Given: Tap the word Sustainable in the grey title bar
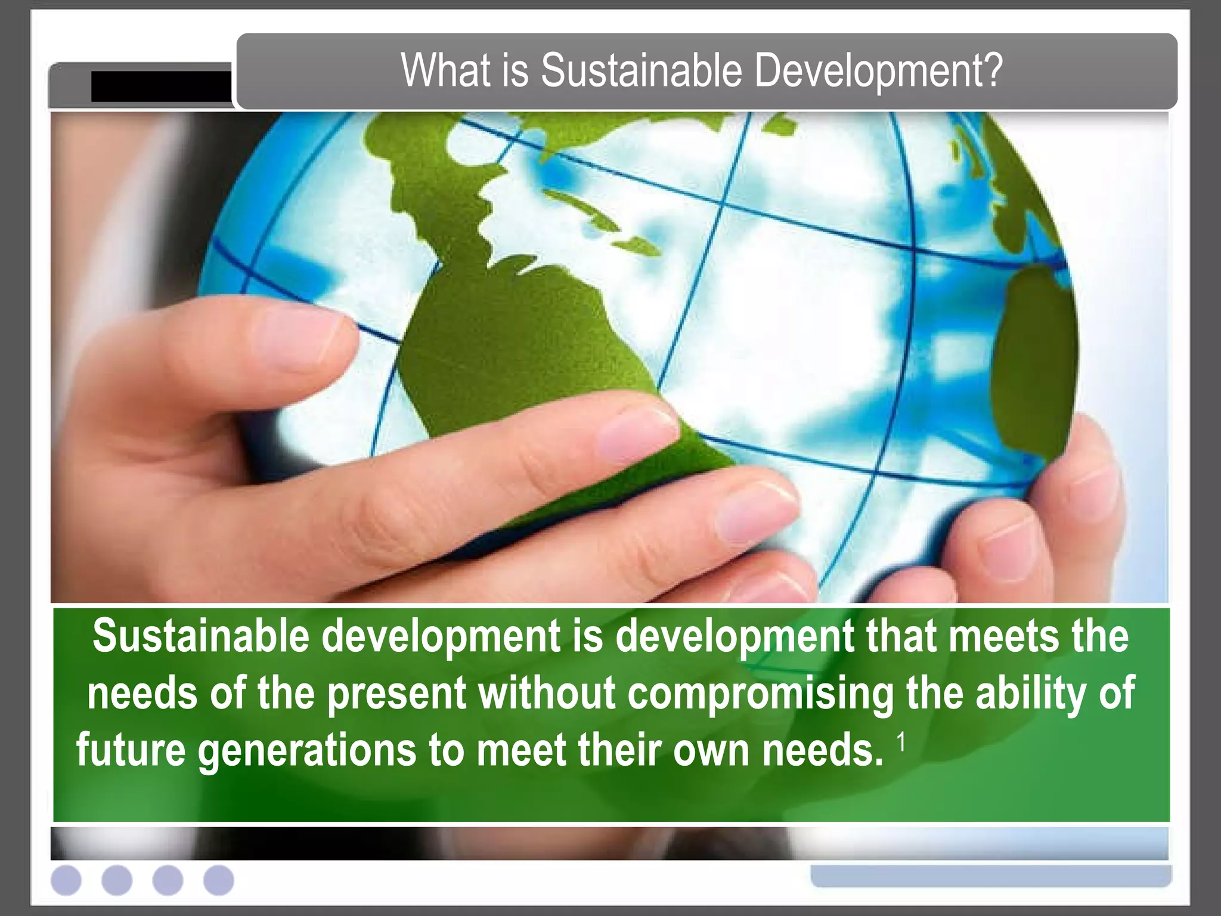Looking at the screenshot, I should coord(640,71).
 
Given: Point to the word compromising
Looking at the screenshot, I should coord(761,693).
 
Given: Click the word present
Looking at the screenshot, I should coord(397,694).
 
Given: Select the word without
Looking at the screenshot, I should coord(547,693).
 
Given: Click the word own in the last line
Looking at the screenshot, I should coord(711,750).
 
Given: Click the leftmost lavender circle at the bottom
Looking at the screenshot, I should coord(66,880).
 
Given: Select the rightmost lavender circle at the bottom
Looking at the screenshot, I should coord(219,880).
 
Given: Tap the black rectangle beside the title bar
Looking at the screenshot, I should coord(161,86).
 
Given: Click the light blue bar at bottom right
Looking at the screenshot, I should coord(991,875).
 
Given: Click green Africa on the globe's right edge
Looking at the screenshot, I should coord(1037,358).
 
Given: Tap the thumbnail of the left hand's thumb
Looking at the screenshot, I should coord(298,340).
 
